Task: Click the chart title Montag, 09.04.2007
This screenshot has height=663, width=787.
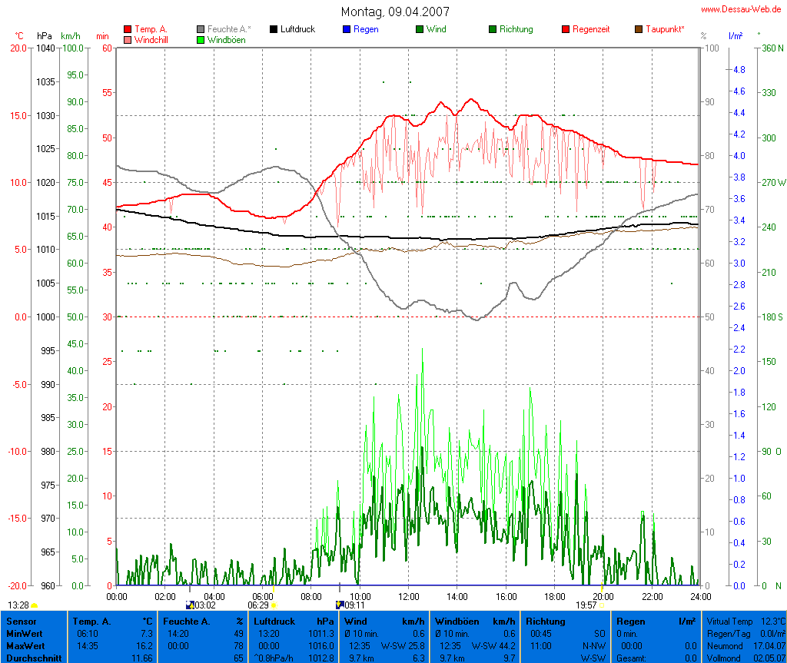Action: click(x=396, y=12)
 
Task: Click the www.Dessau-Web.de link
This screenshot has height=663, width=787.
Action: click(x=742, y=9)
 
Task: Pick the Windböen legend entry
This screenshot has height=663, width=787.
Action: click(x=226, y=39)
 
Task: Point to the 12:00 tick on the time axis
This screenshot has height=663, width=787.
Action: click(x=408, y=596)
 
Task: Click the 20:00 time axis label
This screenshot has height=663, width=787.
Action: click(x=603, y=596)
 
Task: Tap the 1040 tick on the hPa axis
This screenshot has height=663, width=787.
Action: click(x=45, y=48)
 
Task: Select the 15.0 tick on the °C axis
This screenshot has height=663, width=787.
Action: click(x=15, y=115)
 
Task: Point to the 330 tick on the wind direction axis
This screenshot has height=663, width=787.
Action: click(x=768, y=92)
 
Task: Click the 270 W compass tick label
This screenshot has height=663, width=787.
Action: click(x=772, y=183)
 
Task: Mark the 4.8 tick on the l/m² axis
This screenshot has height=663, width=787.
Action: click(x=739, y=69)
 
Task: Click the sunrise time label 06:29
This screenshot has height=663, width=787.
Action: click(x=257, y=605)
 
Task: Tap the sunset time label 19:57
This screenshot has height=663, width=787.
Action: click(x=586, y=605)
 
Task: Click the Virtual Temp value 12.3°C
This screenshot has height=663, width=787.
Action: click(x=772, y=621)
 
